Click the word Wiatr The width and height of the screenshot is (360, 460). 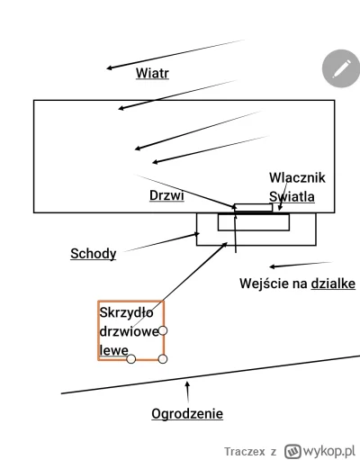[152, 73]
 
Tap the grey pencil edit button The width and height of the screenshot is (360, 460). [340, 68]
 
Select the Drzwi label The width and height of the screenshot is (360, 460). [166, 195]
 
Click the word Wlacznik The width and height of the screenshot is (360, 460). [296, 178]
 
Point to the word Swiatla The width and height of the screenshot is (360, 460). [292, 196]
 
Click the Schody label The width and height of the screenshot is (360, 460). [93, 253]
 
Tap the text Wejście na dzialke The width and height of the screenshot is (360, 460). [297, 284]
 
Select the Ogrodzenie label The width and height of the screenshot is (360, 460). [186, 414]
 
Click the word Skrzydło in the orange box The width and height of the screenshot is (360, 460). [127, 312]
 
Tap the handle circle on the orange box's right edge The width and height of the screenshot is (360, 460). [164, 330]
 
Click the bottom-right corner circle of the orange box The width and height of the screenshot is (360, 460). [163, 359]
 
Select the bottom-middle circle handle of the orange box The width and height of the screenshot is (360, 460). [131, 359]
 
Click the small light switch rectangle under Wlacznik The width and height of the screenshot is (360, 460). [253, 208]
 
